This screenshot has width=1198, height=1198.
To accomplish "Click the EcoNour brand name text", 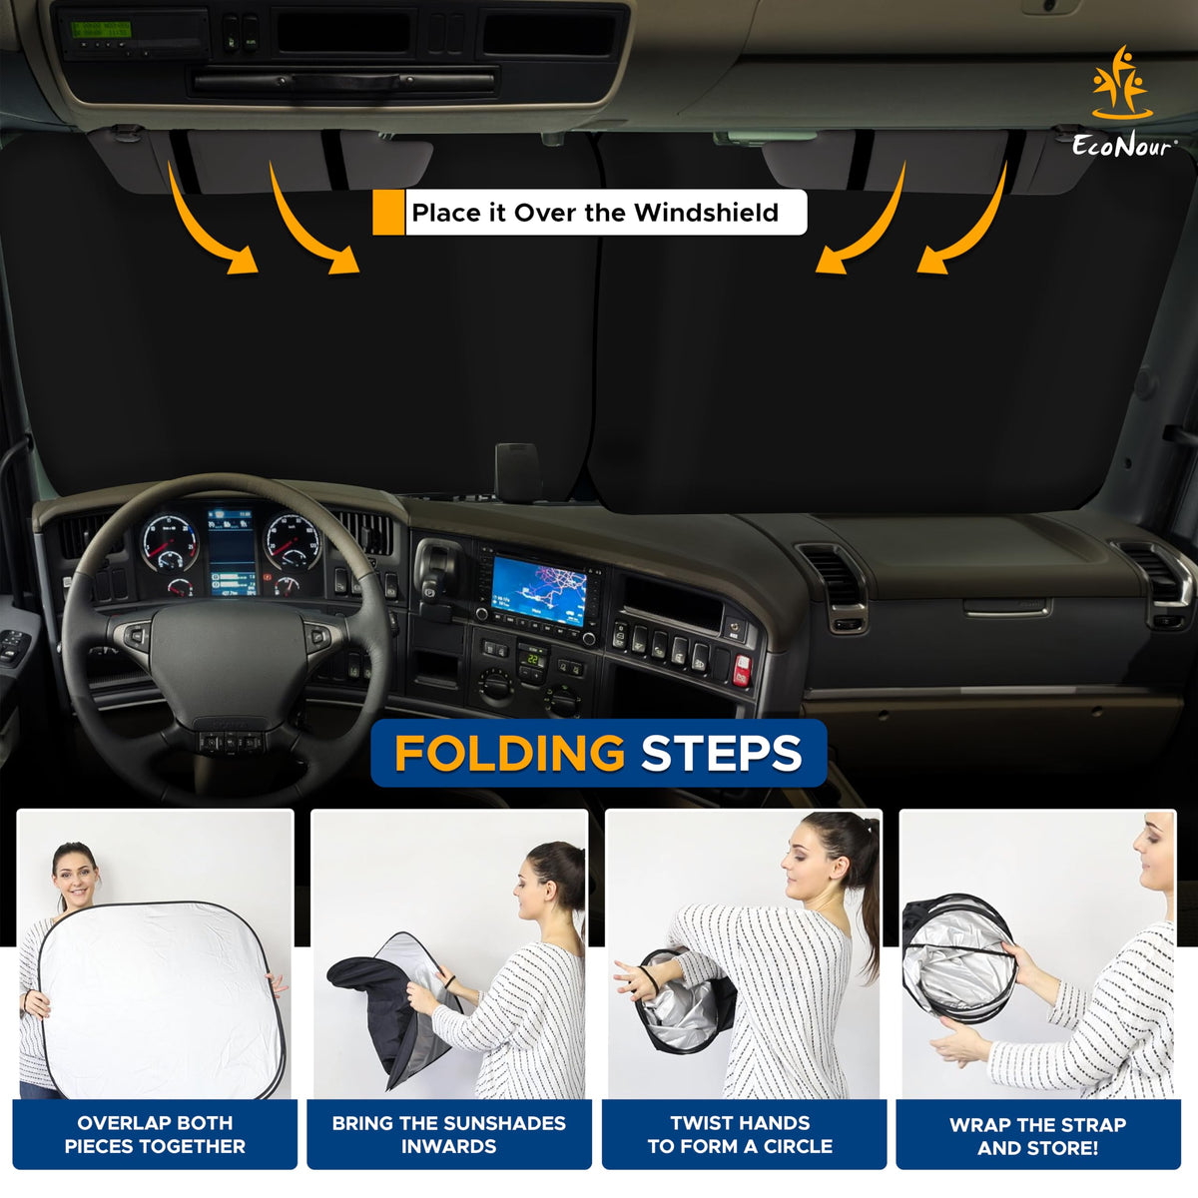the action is click(1124, 146).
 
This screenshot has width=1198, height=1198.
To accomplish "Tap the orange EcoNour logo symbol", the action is click(1121, 83).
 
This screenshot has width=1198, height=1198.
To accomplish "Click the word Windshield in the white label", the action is click(706, 213).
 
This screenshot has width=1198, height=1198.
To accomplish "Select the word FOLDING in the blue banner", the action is click(510, 753).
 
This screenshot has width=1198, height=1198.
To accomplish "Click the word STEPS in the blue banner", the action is click(721, 753).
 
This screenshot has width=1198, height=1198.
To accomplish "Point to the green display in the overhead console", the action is click(101, 30).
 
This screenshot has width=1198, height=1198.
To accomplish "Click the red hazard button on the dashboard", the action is click(742, 670).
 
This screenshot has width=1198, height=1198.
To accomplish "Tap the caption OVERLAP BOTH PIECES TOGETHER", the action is click(155, 1134).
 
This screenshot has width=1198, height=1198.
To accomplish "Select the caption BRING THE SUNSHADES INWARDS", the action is click(449, 1134).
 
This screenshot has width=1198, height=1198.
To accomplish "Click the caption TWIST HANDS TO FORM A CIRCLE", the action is click(740, 1134).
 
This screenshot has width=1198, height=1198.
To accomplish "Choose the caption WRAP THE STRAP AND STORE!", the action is click(1037, 1136).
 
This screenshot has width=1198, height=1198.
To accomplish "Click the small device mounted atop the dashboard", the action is click(517, 472).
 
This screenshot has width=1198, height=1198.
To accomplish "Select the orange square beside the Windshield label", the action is click(388, 213).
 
